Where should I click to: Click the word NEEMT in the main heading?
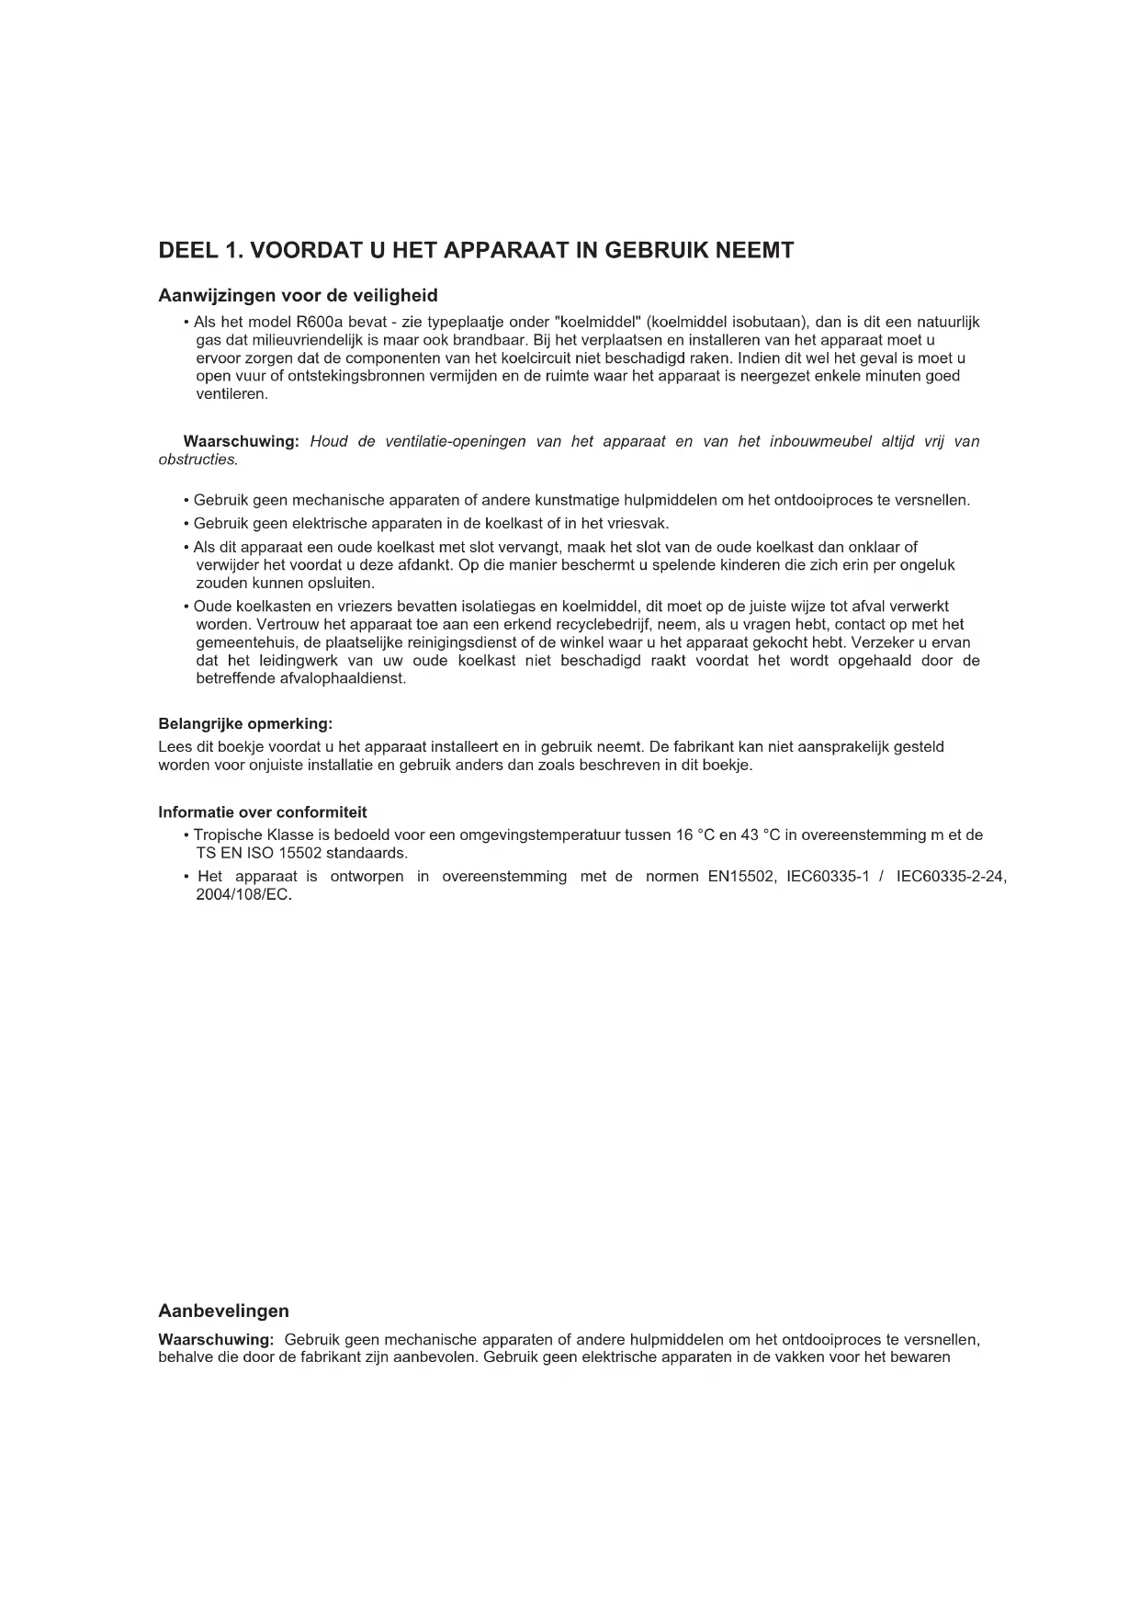[x=753, y=250]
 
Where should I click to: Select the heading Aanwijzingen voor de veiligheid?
[x=298, y=296]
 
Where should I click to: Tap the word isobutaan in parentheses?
[x=770, y=322]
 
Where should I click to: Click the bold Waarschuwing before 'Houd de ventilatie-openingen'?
[x=241, y=441]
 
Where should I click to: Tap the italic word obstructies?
[x=198, y=460]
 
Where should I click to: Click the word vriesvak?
[x=638, y=524]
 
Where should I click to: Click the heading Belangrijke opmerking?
[x=245, y=724]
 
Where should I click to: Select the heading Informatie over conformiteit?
[x=262, y=812]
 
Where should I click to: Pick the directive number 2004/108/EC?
[x=243, y=895]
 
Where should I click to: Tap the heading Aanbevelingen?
[x=223, y=1311]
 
